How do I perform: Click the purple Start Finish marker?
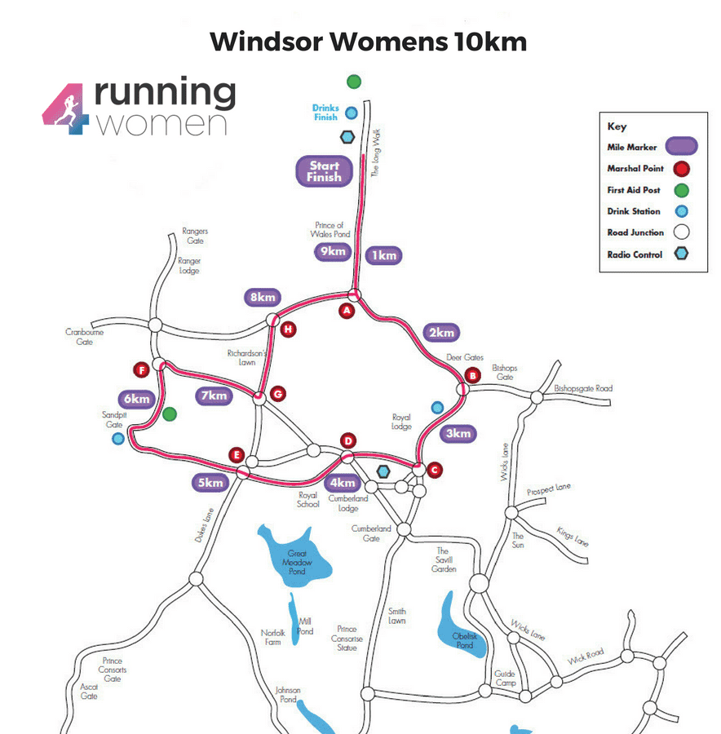(x=324, y=171)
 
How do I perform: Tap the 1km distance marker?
(x=383, y=255)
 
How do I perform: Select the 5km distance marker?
(x=210, y=483)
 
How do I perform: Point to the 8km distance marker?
(x=263, y=298)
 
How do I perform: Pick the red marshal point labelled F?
(x=143, y=370)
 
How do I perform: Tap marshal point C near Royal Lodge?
(x=434, y=470)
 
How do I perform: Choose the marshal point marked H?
(x=288, y=329)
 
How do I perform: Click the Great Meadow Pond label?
(x=297, y=563)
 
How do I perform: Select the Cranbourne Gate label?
(x=80, y=337)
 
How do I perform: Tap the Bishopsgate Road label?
(x=582, y=388)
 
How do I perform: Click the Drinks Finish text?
(x=326, y=113)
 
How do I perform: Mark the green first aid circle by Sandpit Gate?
(x=170, y=413)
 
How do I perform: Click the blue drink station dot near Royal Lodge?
(x=437, y=407)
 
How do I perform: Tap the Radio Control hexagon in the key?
(x=681, y=254)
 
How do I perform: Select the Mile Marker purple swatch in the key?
(x=679, y=147)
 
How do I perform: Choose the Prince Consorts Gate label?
(x=113, y=670)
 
